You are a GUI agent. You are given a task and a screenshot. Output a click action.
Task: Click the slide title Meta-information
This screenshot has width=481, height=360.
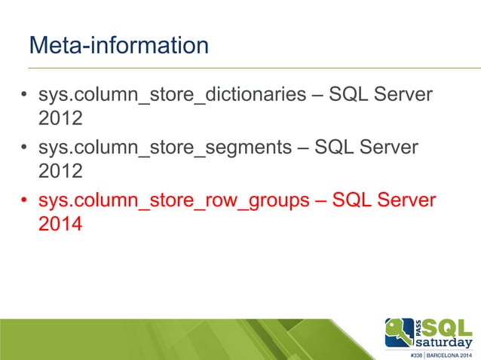pos(118,45)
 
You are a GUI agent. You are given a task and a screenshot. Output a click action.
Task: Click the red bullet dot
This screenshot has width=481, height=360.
pos(24,202)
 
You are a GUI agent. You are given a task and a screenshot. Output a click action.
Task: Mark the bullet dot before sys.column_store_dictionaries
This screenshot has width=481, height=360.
pos(24,97)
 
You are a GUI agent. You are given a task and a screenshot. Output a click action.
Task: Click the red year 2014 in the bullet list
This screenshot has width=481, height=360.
pos(60,224)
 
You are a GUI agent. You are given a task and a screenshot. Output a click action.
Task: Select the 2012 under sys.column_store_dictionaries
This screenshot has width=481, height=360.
pos(60,119)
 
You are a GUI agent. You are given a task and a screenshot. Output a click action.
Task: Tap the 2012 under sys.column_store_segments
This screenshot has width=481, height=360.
pos(60,171)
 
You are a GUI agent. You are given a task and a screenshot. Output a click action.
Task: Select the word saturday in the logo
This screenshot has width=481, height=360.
pos(445,343)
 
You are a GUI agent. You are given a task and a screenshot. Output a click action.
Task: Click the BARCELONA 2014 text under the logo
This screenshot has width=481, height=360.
pos(451,355)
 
